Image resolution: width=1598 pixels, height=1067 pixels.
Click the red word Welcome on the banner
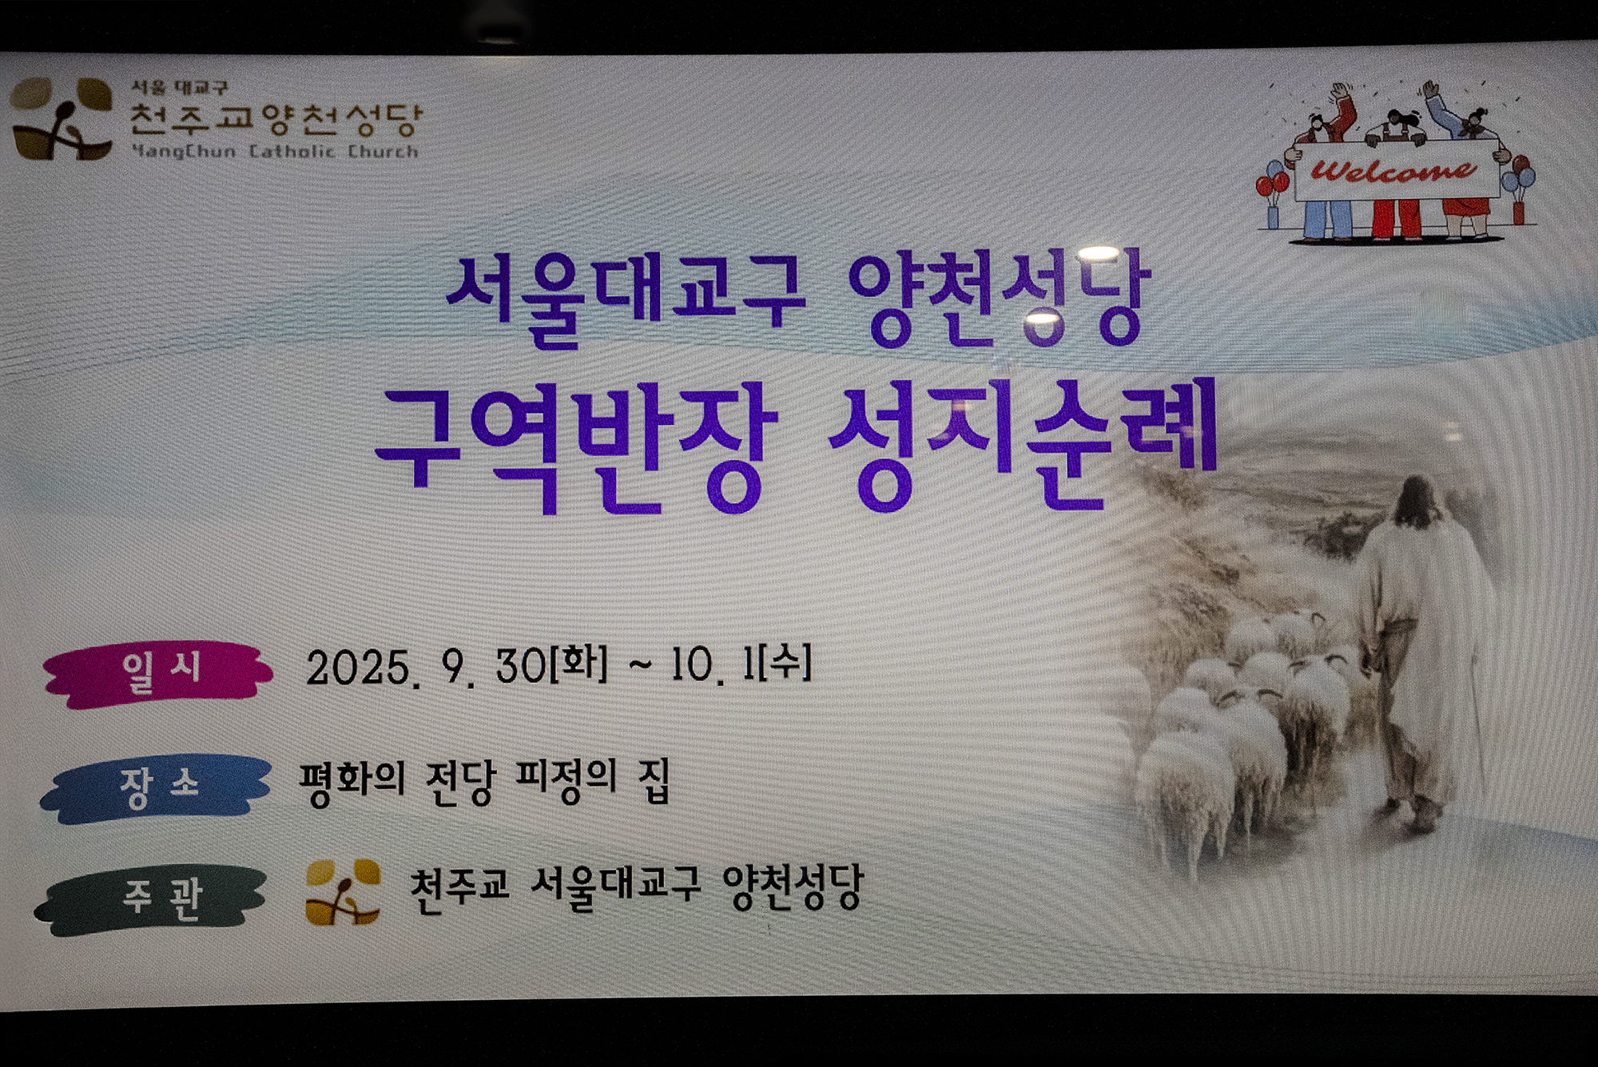pyautogui.click(x=1394, y=170)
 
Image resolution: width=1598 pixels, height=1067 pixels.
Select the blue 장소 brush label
pyautogui.click(x=156, y=788)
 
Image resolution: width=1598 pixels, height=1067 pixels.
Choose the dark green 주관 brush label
pyautogui.click(x=152, y=900)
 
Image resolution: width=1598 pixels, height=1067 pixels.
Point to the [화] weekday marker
pyautogui.click(x=578, y=663)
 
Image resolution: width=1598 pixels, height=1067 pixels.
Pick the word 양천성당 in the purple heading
pyautogui.click(x=1000, y=296)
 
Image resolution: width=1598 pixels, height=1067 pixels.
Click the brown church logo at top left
pyautogui.click(x=62, y=118)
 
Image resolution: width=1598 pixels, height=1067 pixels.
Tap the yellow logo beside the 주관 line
pyautogui.click(x=343, y=892)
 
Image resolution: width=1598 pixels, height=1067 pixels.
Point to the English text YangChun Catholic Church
pyautogui.click(x=274, y=151)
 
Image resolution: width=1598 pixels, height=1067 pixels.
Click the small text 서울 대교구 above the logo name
pyautogui.click(x=180, y=87)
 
